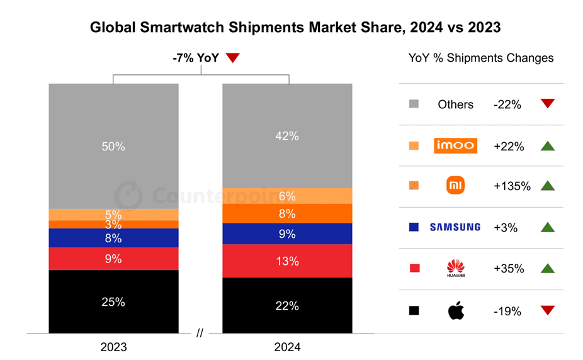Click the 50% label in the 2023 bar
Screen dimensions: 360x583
tap(113, 147)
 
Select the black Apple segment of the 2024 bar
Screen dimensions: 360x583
tap(287, 305)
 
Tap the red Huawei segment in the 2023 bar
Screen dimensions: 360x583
tap(113, 259)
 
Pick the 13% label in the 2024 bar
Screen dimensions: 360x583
tap(287, 261)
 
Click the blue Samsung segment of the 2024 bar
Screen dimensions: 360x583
tap(287, 233)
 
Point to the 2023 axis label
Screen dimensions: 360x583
tap(113, 347)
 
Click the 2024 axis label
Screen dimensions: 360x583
tap(287, 347)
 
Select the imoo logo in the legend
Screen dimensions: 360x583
tap(456, 146)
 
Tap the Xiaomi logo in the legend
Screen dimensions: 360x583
tap(456, 186)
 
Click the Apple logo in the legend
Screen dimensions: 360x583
tap(456, 310)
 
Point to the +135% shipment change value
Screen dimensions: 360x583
tap(512, 186)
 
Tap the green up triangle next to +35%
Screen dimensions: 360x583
tap(547, 268)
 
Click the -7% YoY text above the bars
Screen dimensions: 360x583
tap(195, 58)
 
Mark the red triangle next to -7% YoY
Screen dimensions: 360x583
tap(233, 59)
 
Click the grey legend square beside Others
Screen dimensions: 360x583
tap(414, 104)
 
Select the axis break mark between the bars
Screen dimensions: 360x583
tap(200, 334)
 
